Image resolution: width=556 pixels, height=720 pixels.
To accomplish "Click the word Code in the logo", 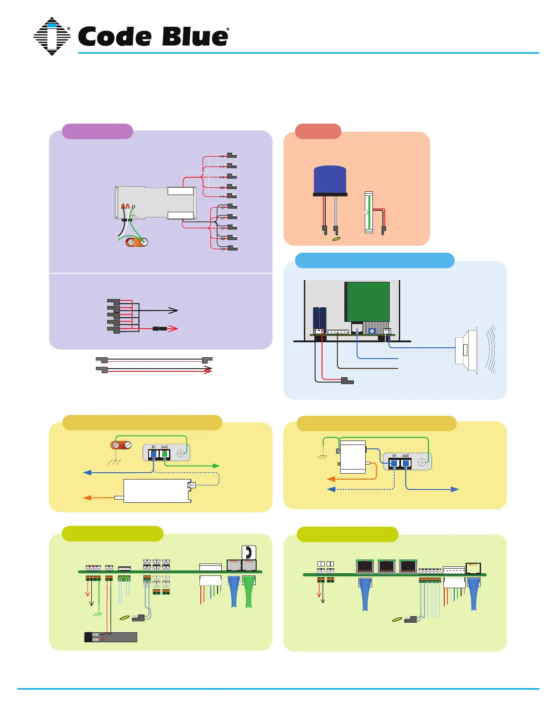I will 115,36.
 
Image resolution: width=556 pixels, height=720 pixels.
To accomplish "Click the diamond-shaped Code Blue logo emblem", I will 52,36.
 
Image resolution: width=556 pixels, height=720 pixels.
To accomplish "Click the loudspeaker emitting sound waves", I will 467,350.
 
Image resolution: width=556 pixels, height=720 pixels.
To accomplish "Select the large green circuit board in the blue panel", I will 368,301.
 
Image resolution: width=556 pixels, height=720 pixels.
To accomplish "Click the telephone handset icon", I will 248,552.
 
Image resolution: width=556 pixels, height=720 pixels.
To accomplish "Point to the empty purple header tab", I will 97,131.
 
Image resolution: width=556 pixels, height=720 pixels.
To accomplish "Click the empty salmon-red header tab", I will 318,131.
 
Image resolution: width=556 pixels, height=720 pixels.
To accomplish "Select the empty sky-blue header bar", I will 374,260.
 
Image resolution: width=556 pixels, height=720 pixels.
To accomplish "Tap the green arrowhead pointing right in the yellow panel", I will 217,465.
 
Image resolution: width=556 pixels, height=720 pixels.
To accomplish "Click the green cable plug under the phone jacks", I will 248,591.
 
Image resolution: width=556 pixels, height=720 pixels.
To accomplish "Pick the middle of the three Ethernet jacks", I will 387,566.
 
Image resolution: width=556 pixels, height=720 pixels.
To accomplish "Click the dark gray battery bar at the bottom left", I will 111,637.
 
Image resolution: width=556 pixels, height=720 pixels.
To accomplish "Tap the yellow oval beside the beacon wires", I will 337,238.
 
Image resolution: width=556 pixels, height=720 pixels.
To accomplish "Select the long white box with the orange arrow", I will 157,491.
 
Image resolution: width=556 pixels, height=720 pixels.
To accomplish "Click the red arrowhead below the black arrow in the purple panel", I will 173,328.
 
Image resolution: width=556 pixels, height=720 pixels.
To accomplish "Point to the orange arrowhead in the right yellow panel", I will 331,479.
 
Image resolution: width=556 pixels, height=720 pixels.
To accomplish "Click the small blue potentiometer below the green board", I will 372,331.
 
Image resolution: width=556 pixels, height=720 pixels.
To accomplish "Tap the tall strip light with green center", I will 369,212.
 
